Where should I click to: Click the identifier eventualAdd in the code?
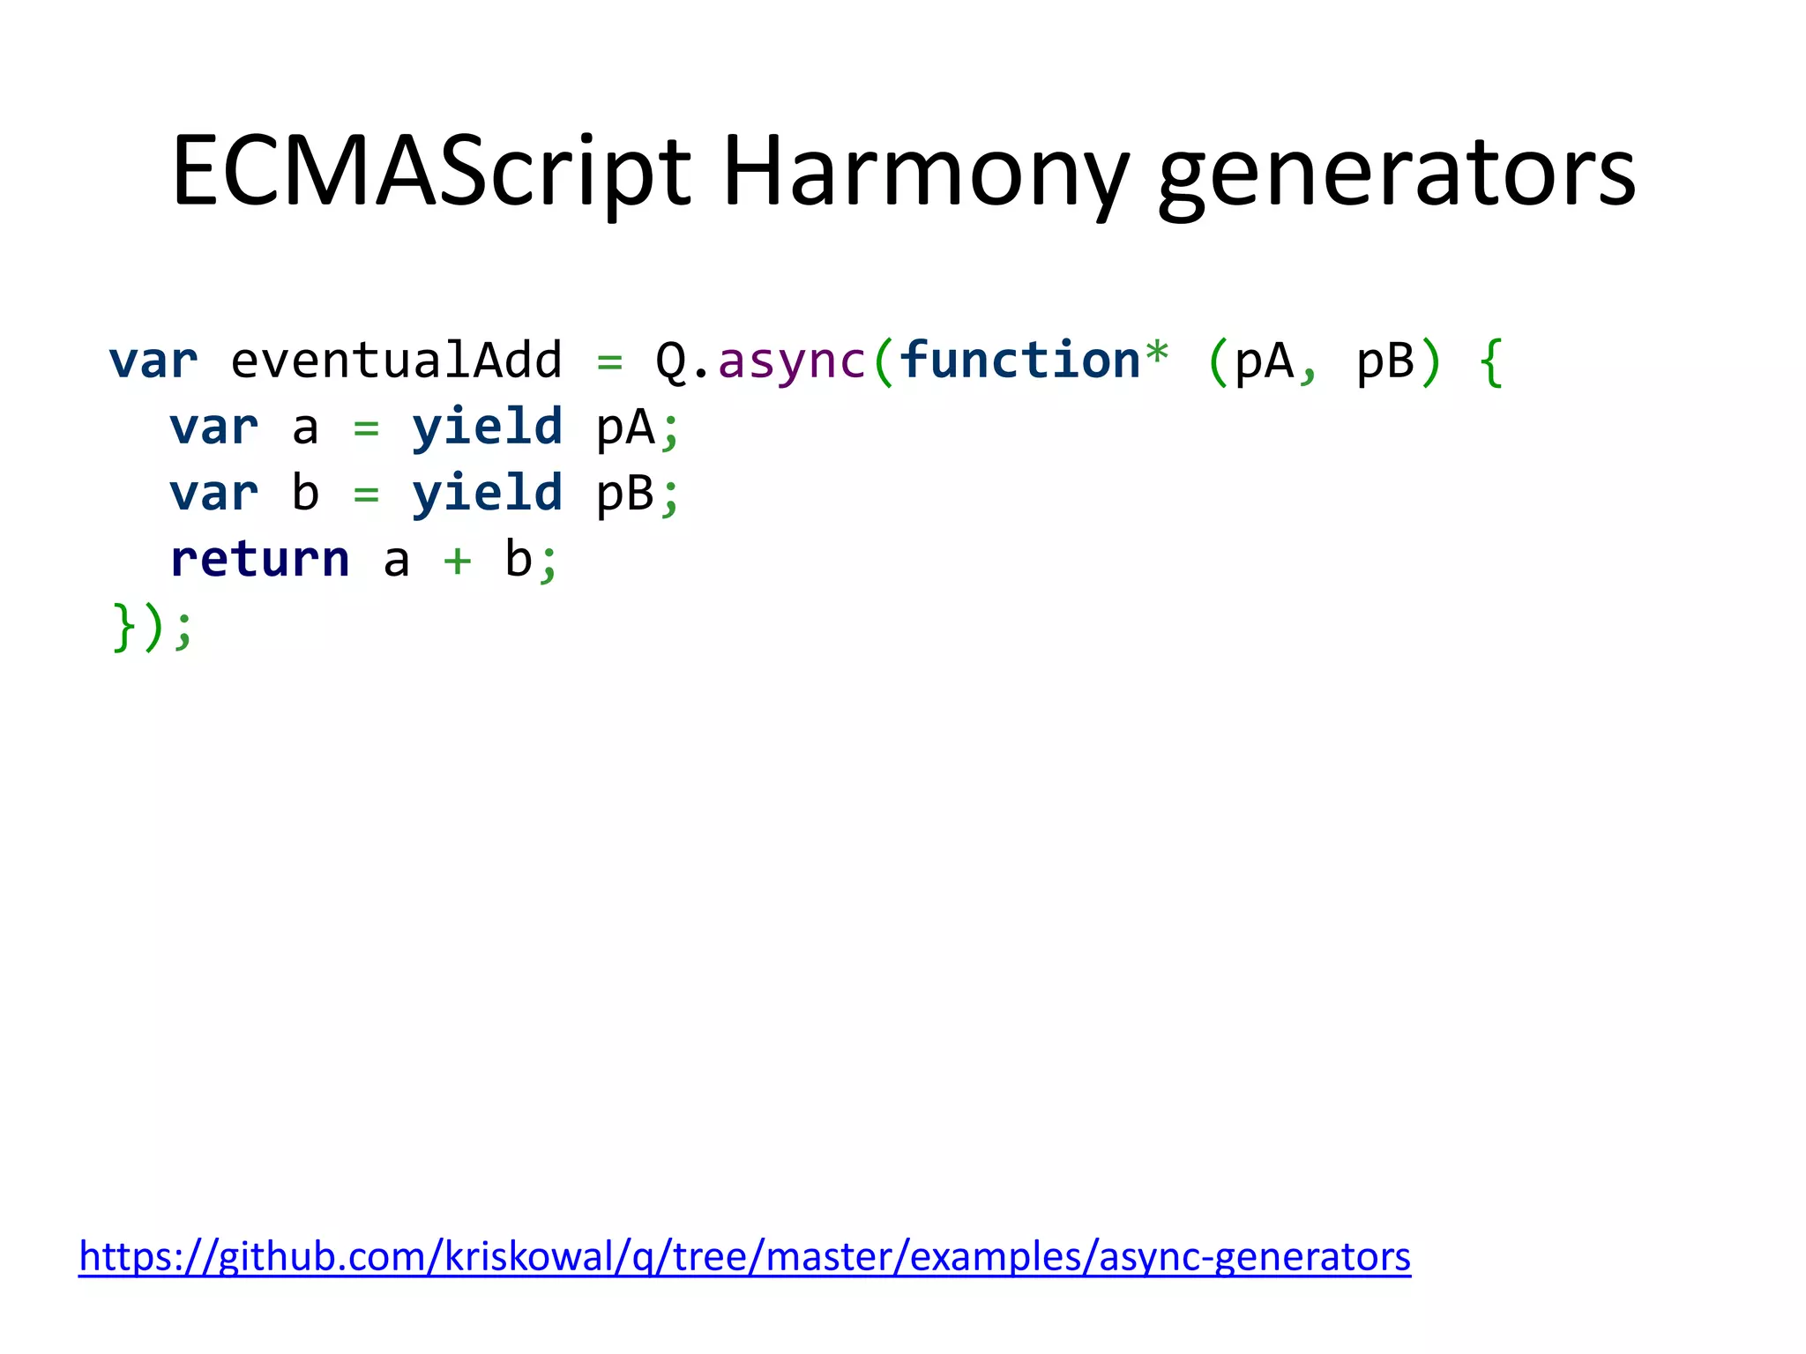pos(396,361)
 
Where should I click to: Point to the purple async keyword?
pos(791,361)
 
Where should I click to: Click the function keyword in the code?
pos(1019,361)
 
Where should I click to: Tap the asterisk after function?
pos(1156,355)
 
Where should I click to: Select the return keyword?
pos(260,560)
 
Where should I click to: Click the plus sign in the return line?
pos(457,562)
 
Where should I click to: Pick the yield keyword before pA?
pos(487,428)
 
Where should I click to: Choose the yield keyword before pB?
pos(487,493)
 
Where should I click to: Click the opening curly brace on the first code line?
pos(1490,362)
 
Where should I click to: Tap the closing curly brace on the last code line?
pos(123,628)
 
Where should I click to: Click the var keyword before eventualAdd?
pos(153,361)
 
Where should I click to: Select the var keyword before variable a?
pos(214,428)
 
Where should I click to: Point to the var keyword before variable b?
pos(214,494)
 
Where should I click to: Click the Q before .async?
pos(671,361)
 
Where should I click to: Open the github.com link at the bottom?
pos(744,1256)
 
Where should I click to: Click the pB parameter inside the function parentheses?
pos(1384,361)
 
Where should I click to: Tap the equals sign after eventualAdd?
pos(609,362)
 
